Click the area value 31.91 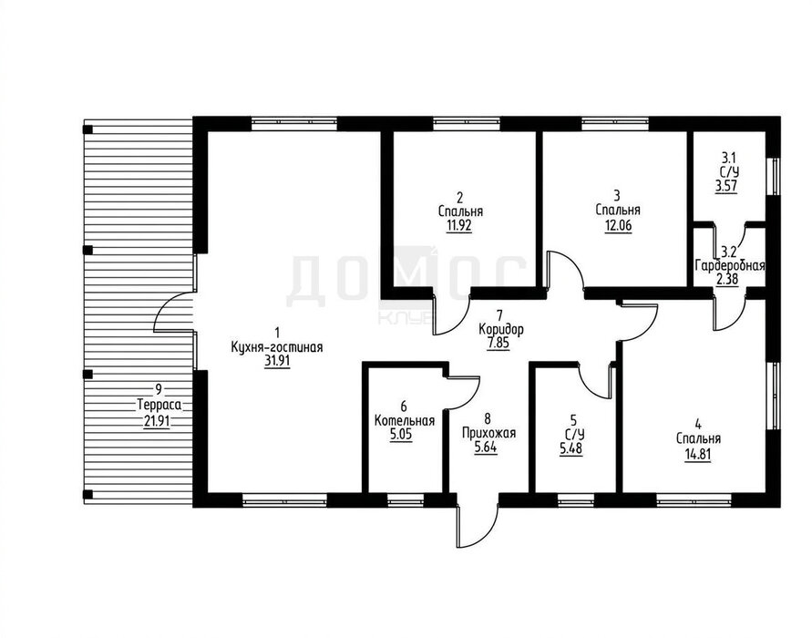277,361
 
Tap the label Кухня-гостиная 277,347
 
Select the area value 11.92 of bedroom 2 459,226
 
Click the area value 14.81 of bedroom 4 698,457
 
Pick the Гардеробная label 730,266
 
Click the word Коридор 500,329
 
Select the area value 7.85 499,344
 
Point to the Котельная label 405,420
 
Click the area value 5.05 401,435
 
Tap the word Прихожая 488,433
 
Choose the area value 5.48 570,448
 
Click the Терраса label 159,404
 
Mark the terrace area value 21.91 157,420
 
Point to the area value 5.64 486,447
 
